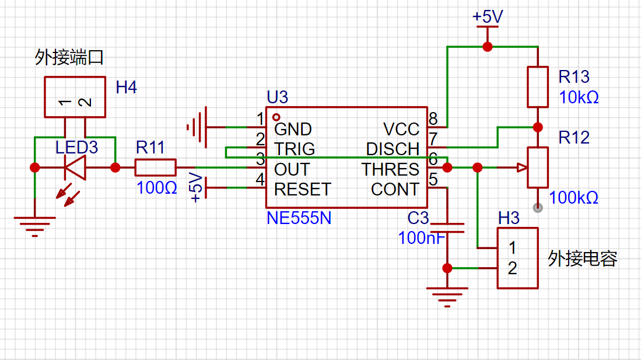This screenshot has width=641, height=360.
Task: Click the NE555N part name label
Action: pyautogui.click(x=299, y=218)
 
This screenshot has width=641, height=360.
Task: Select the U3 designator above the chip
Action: pyautogui.click(x=277, y=97)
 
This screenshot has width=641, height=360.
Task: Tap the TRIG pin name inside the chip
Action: pyautogui.click(x=295, y=149)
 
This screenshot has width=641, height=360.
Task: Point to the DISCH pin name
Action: pyautogui.click(x=393, y=149)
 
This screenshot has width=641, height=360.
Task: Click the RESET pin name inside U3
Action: pyautogui.click(x=303, y=190)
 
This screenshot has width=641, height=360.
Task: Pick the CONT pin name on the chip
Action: pyautogui.click(x=395, y=190)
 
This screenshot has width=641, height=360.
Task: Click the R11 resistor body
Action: pyautogui.click(x=155, y=167)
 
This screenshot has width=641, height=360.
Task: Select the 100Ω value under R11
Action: pyautogui.click(x=156, y=188)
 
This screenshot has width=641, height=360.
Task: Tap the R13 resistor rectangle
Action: pyautogui.click(x=538, y=87)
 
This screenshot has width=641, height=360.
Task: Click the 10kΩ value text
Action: pyautogui.click(x=579, y=97)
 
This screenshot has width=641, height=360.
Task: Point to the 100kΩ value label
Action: pyautogui.click(x=573, y=198)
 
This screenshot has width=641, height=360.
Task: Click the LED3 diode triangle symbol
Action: pyautogui.click(x=75, y=167)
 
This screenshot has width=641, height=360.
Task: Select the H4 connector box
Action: pyautogui.click(x=75, y=97)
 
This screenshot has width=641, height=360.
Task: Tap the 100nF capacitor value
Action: pyautogui.click(x=421, y=238)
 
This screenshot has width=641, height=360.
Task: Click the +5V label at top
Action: pyautogui.click(x=487, y=17)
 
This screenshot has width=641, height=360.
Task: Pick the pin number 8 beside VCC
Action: pyautogui.click(x=433, y=118)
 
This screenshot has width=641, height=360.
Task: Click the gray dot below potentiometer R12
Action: pyautogui.click(x=538, y=208)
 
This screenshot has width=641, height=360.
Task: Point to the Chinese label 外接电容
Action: pyautogui.click(x=583, y=258)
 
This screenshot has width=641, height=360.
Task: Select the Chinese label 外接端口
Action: pyautogui.click(x=69, y=57)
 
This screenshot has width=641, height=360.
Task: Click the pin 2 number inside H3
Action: pyautogui.click(x=512, y=268)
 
